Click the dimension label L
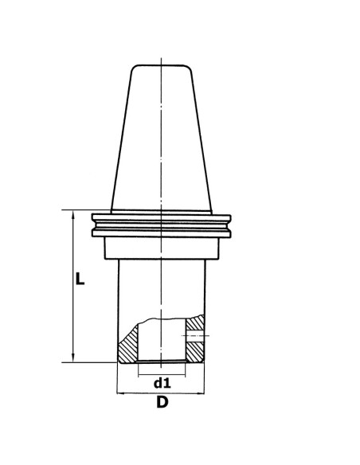pos(80,279)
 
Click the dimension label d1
pos(162,384)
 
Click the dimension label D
pos(162,402)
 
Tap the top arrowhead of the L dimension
pos(73,214)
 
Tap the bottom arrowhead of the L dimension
pos(73,358)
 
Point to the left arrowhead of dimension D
pos(121,393)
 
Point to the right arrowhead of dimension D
pos(201,393)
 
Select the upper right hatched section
pos(195,323)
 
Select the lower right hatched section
pos(195,352)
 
